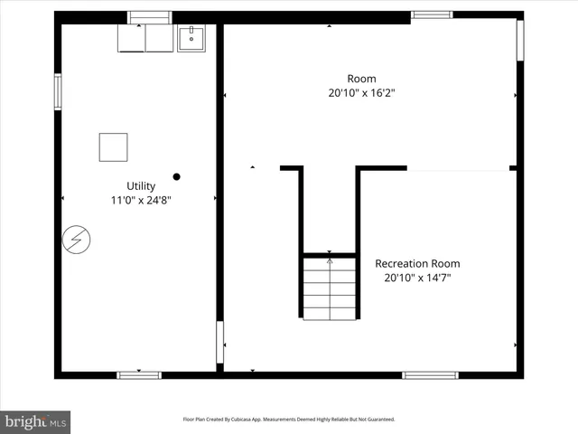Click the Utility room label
pyautogui.click(x=141, y=185)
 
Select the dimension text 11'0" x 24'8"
pyautogui.click(x=141, y=200)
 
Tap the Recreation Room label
pyautogui.click(x=417, y=263)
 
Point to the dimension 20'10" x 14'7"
pyautogui.click(x=417, y=278)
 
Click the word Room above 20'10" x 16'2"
pyautogui.click(x=361, y=79)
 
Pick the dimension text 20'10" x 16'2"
pyautogui.click(x=361, y=92)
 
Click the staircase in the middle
pyautogui.click(x=329, y=288)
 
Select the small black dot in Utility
pyautogui.click(x=177, y=177)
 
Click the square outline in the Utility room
pyautogui.click(x=113, y=147)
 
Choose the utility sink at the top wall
pyautogui.click(x=191, y=38)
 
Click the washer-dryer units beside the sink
pyautogui.click(x=145, y=38)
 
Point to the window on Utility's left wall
pyautogui.click(x=58, y=92)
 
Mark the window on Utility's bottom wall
pyautogui.click(x=139, y=374)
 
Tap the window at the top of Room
pyautogui.click(x=432, y=14)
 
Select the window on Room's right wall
pyautogui.click(x=520, y=41)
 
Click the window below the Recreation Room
pyautogui.click(x=430, y=374)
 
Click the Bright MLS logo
pyautogui.click(x=35, y=420)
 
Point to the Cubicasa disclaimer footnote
pyautogui.click(x=289, y=420)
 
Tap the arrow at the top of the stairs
pyautogui.click(x=329, y=261)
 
